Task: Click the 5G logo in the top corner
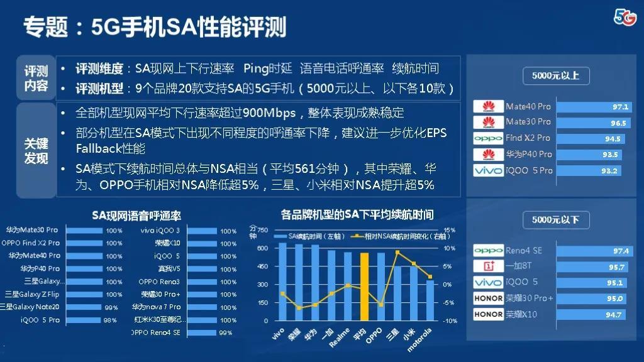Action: coord(625,18)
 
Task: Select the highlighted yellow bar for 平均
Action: coord(364,287)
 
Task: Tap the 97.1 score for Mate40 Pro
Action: coord(620,107)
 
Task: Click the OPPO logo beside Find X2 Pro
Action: coord(488,138)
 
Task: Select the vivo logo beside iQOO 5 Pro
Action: coord(488,170)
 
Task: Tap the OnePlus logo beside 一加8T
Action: coord(488,266)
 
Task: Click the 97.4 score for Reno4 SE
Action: coord(620,251)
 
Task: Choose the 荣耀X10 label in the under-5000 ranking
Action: coord(521,314)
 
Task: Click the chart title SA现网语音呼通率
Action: coord(136,216)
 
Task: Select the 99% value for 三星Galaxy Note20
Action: coord(111,307)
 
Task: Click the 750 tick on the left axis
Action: coord(262,231)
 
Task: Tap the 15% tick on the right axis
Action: coord(449,230)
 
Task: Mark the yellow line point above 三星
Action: coord(397,252)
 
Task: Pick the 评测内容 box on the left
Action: coord(36,79)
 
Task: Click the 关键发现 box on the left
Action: coord(36,151)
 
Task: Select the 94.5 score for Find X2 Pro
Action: coord(612,138)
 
